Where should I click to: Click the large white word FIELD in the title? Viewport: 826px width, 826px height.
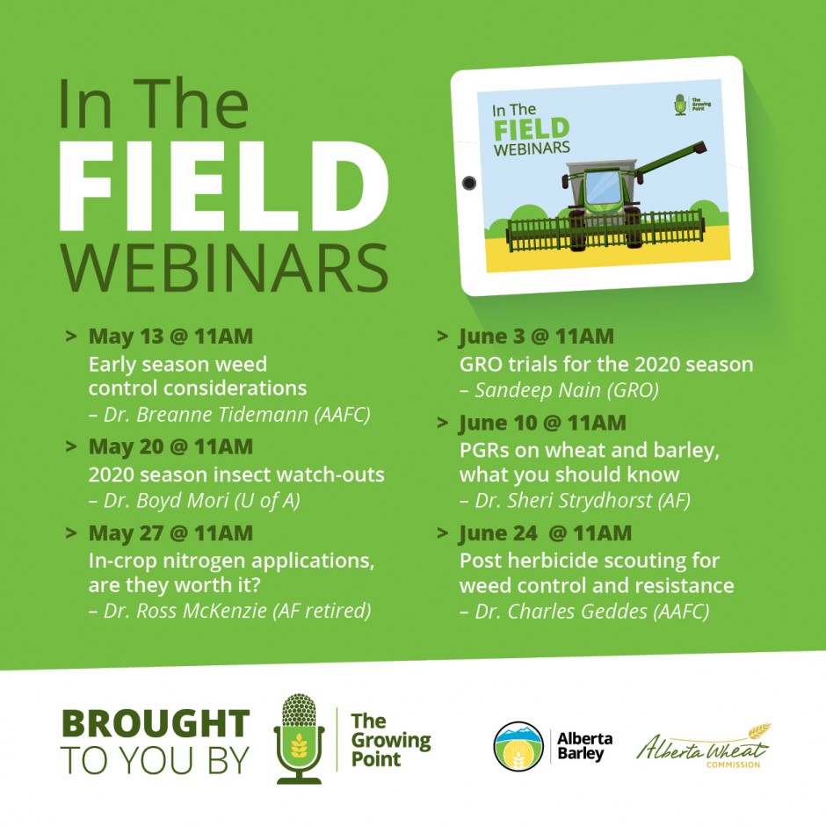[224, 186]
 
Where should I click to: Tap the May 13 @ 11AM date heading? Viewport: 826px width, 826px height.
[170, 336]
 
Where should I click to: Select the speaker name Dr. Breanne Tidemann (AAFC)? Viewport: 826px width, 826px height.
[229, 415]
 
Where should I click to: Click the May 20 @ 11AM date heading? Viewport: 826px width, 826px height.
[170, 446]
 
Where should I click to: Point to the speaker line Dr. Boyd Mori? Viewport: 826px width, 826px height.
[194, 501]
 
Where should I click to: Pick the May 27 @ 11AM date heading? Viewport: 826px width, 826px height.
[170, 533]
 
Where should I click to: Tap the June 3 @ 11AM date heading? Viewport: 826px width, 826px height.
[537, 336]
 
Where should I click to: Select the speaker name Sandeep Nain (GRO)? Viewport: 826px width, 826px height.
[559, 390]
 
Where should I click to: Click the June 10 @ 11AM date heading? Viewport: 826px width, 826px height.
[542, 423]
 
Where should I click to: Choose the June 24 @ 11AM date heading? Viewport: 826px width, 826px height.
[545, 533]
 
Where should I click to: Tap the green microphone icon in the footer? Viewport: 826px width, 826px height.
[299, 738]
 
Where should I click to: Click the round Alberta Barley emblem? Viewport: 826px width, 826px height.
[518, 746]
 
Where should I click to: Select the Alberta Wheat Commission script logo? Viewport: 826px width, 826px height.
[704, 746]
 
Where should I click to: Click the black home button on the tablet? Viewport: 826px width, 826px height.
[469, 184]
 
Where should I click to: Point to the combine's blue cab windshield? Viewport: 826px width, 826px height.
[603, 187]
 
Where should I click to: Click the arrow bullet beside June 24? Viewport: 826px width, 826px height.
[443, 533]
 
